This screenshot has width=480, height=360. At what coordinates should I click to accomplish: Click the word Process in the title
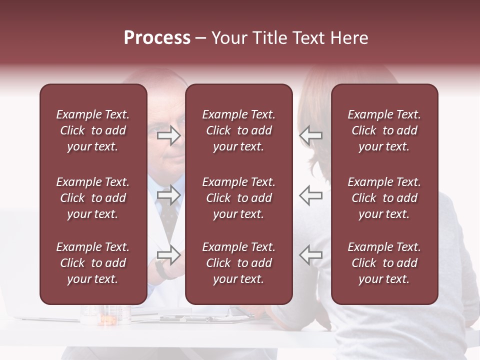[x=157, y=38]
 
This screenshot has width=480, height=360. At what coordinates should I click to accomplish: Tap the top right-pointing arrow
[x=168, y=135]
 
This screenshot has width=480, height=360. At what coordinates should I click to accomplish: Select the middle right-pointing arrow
[x=168, y=195]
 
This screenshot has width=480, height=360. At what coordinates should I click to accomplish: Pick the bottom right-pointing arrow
[x=168, y=254]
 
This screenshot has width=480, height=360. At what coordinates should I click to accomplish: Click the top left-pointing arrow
[x=311, y=135]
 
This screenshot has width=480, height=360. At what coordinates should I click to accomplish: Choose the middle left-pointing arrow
[x=311, y=195]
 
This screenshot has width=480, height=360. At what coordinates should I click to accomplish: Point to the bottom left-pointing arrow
[x=311, y=254]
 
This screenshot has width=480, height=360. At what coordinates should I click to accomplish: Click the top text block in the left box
[x=93, y=130]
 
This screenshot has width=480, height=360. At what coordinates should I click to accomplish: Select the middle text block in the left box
[x=93, y=198]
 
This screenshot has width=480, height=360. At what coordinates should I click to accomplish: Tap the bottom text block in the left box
[x=93, y=263]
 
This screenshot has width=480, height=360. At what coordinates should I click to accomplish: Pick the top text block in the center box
[x=238, y=130]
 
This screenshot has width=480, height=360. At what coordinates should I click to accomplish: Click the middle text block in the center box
[x=238, y=198]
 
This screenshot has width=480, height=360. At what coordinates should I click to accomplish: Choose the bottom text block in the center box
[x=238, y=263]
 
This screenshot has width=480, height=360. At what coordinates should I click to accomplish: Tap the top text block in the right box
[x=384, y=130]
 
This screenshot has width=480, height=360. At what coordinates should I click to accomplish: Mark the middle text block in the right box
[x=384, y=198]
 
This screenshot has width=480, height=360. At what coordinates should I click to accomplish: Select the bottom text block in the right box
[x=384, y=263]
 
